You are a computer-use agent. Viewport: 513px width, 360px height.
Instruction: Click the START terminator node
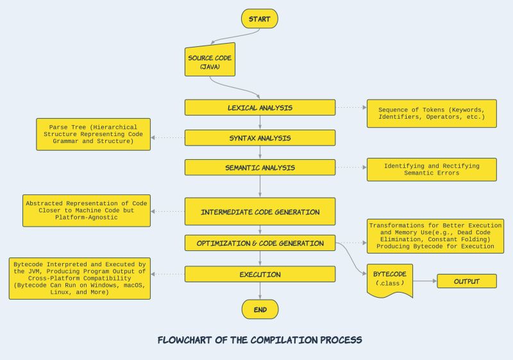(260, 19)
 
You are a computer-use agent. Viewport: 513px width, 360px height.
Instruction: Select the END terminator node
(260, 309)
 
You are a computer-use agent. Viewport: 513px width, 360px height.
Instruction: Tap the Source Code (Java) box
(210, 62)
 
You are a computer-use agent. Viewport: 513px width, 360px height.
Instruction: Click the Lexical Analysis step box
(260, 108)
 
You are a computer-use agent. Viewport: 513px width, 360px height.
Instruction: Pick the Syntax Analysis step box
(260, 138)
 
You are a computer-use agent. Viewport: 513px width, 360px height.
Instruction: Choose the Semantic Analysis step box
(260, 167)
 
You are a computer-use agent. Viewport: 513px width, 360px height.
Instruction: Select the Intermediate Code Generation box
(260, 212)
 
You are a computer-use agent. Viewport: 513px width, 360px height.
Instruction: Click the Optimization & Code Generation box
(260, 243)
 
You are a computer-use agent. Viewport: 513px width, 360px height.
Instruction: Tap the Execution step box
(260, 274)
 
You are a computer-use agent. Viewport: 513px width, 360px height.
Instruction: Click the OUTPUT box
(467, 281)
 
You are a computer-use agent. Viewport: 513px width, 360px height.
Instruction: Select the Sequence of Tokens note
(431, 113)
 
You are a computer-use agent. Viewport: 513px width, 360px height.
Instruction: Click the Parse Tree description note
(94, 134)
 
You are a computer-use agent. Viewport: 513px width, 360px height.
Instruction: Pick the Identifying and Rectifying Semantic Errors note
(431, 169)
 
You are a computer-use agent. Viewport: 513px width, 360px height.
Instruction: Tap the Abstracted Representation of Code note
(86, 210)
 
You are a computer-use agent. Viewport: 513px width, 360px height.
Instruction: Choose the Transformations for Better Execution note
(435, 236)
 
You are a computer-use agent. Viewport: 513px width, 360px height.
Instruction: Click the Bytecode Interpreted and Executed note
(80, 278)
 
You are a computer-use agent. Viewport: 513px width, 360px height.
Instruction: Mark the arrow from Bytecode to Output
(425, 281)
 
